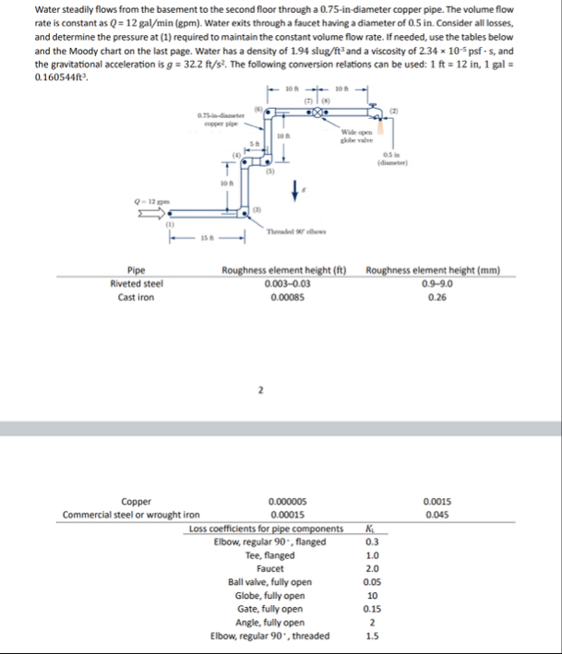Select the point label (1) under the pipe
point(170,224)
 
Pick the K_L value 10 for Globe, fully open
point(371,595)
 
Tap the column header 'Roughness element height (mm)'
point(433,272)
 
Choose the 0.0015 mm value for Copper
point(432,501)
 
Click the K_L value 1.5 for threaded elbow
point(371,635)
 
